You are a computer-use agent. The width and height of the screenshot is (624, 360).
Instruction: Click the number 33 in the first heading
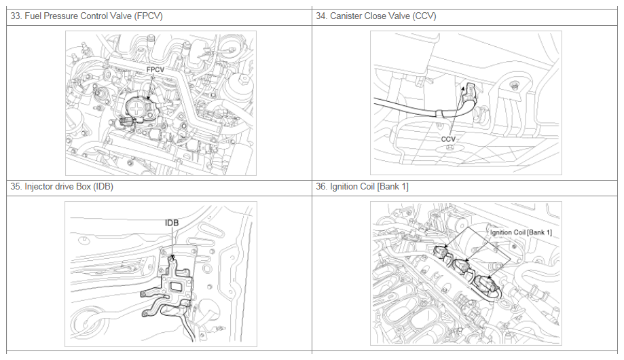(16, 16)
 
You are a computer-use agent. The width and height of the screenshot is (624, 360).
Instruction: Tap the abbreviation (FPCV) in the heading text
(149, 16)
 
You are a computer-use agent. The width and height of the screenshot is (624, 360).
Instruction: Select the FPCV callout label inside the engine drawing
(155, 70)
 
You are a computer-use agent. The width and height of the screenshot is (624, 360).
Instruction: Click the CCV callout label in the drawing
(448, 139)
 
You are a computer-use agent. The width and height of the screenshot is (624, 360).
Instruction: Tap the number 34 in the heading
(321, 16)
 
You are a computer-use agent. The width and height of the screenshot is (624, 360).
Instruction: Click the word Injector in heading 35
(39, 187)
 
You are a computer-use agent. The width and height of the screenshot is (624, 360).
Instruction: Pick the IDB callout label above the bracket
(172, 223)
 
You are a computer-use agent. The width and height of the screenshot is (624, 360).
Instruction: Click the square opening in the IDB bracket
(175, 286)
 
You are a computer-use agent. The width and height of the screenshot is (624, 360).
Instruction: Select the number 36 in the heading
(321, 187)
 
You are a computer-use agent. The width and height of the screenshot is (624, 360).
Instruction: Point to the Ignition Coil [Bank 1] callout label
(521, 232)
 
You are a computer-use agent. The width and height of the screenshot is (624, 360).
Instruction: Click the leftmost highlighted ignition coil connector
(442, 252)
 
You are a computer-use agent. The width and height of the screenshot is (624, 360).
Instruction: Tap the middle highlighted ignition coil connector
(462, 265)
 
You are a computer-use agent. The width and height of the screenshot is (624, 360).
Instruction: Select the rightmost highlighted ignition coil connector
(486, 284)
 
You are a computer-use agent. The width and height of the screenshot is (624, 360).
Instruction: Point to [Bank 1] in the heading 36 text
(392, 187)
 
